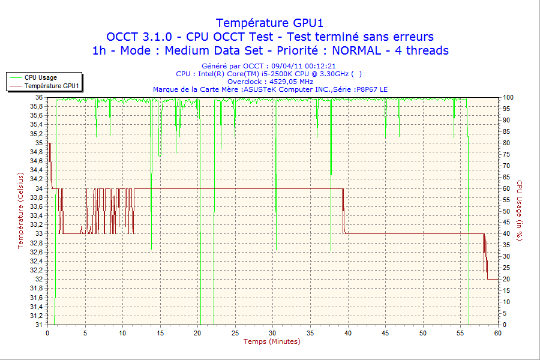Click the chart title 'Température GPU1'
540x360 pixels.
pyautogui.click(x=269, y=23)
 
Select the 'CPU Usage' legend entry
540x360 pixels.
pyautogui.click(x=40, y=77)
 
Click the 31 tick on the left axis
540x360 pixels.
pyautogui.click(x=39, y=325)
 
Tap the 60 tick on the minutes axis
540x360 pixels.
pyautogui.click(x=498, y=333)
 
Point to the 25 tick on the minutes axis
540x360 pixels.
pyautogui.click(x=235, y=333)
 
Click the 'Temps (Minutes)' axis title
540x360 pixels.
pyautogui.click(x=272, y=342)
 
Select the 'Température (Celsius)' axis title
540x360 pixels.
pyautogui.click(x=20, y=211)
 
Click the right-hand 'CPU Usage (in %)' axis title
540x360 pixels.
pyautogui.click(x=520, y=211)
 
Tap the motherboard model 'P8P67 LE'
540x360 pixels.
pyautogui.click(x=373, y=89)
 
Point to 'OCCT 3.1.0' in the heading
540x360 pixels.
pyautogui.click(x=137, y=37)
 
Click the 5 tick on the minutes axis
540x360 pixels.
pyautogui.click(x=85, y=333)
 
